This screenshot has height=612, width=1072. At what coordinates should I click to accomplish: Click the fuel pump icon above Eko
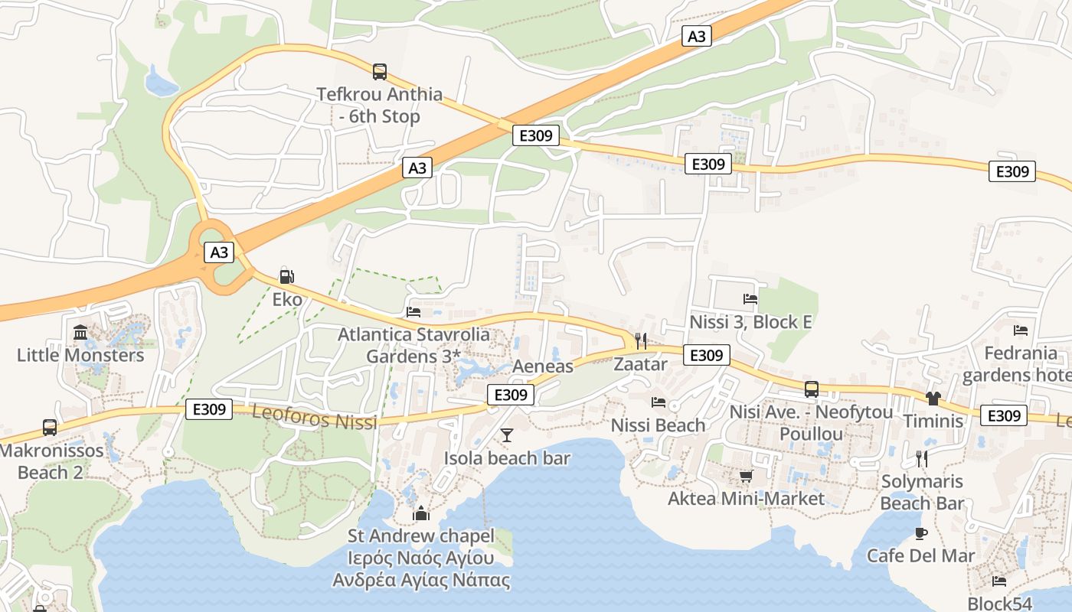pyautogui.click(x=287, y=277)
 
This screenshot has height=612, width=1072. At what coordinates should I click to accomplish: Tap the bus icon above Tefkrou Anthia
pyautogui.click(x=380, y=72)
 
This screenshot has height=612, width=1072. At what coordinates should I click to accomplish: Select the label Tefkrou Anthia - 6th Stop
pyautogui.click(x=380, y=106)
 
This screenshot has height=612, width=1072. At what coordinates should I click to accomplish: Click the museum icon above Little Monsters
pyautogui.click(x=80, y=332)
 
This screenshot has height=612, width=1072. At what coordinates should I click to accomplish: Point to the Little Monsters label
pyautogui.click(x=80, y=355)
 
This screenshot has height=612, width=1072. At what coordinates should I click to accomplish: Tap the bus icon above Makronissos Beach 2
pyautogui.click(x=50, y=428)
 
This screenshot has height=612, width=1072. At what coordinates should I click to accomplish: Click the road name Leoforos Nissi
pyautogui.click(x=315, y=418)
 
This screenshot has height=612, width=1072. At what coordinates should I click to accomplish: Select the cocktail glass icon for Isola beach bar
pyautogui.click(x=507, y=436)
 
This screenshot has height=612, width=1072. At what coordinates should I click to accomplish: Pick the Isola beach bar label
pyautogui.click(x=507, y=458)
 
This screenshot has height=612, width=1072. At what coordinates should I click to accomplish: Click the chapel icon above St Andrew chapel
pyautogui.click(x=420, y=513)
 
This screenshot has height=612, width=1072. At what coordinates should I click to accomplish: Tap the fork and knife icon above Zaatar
pyautogui.click(x=641, y=341)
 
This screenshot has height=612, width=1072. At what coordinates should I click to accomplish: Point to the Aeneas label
pyautogui.click(x=543, y=366)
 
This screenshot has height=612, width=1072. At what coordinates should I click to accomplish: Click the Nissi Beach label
pyautogui.click(x=658, y=425)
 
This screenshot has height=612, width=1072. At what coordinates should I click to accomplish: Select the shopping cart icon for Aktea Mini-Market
pyautogui.click(x=747, y=477)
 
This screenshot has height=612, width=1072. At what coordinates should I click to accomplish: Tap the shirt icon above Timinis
pyautogui.click(x=933, y=398)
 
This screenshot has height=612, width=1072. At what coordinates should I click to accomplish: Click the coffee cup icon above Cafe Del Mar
pyautogui.click(x=921, y=533)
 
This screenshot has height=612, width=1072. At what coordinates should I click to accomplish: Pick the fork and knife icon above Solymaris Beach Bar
pyautogui.click(x=922, y=458)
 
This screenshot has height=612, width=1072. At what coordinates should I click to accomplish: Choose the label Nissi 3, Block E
pyautogui.click(x=750, y=322)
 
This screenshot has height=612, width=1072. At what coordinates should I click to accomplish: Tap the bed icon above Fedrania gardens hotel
pyautogui.click(x=1021, y=330)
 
